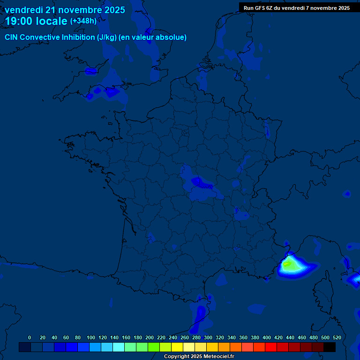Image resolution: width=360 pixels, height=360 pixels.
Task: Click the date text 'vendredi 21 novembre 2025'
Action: pyautogui.click(x=65, y=10)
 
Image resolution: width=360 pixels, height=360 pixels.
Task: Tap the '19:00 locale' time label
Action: pyautogui.click(x=37, y=22)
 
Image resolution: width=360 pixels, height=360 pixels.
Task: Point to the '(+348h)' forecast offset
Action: pyautogui.click(x=83, y=21)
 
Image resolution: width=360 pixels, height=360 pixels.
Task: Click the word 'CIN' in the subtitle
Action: pyautogui.click(x=11, y=37)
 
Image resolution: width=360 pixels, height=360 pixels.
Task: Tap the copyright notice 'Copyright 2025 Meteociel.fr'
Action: pyautogui.click(x=199, y=357)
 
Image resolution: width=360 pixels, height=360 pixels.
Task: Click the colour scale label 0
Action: pyautogui.click(x=30, y=337)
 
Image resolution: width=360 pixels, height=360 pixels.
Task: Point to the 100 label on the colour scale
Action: pyautogui.click(x=90, y=337)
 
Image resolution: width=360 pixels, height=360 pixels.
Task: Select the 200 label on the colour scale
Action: pyautogui.click(x=149, y=337)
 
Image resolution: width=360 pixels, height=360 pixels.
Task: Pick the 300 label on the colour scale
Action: pyautogui.click(x=208, y=337)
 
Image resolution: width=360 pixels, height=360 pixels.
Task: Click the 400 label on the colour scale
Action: pyautogui.click(x=266, y=337)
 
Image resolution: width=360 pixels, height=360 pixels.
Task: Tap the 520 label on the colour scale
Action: pyautogui.click(x=337, y=337)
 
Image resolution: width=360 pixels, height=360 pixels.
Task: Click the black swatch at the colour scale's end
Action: pyautogui.click(x=330, y=347)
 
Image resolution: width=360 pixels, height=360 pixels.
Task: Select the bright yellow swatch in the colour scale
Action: pyautogui.click(x=177, y=347)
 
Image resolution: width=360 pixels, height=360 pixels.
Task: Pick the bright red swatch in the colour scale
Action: pyautogui.click(x=271, y=347)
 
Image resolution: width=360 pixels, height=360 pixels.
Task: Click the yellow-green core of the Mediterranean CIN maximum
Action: pyautogui.click(x=289, y=265)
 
